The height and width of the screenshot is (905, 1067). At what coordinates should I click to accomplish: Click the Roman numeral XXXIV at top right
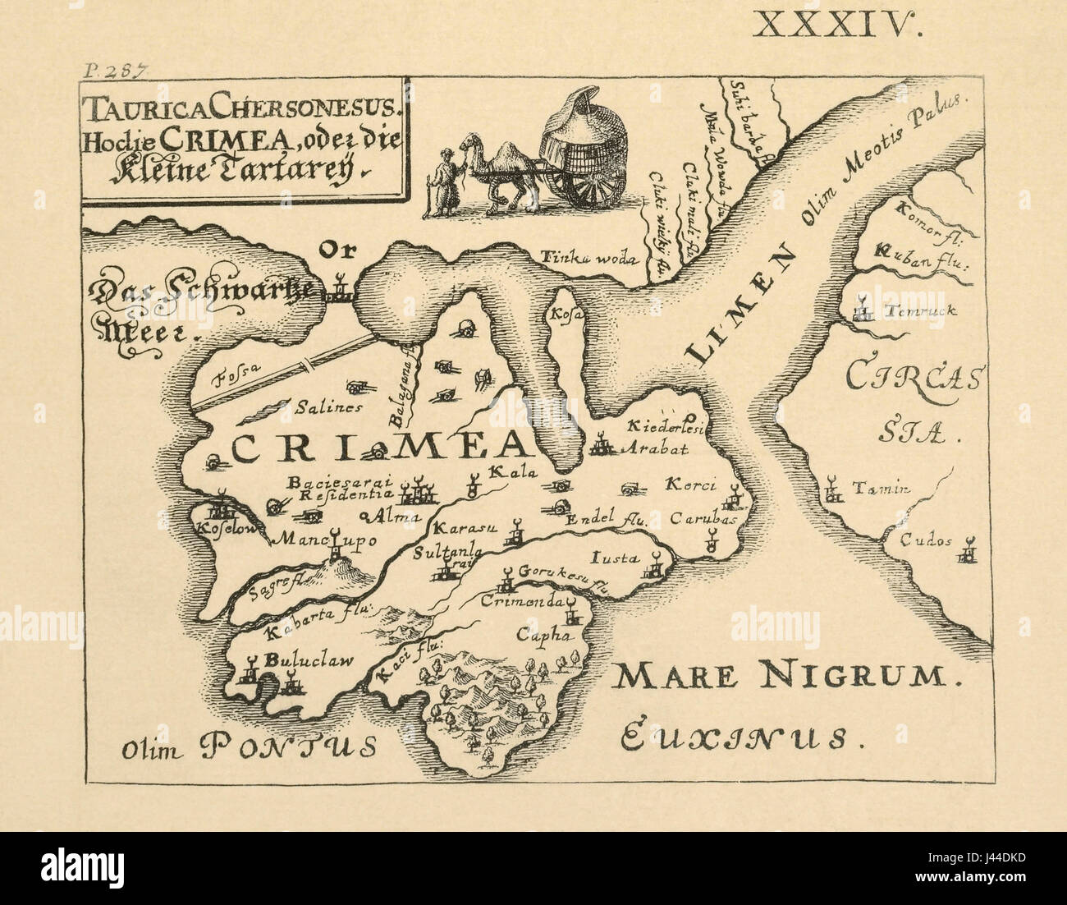point(838,24)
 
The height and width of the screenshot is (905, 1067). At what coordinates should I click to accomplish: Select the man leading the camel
point(443,181)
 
